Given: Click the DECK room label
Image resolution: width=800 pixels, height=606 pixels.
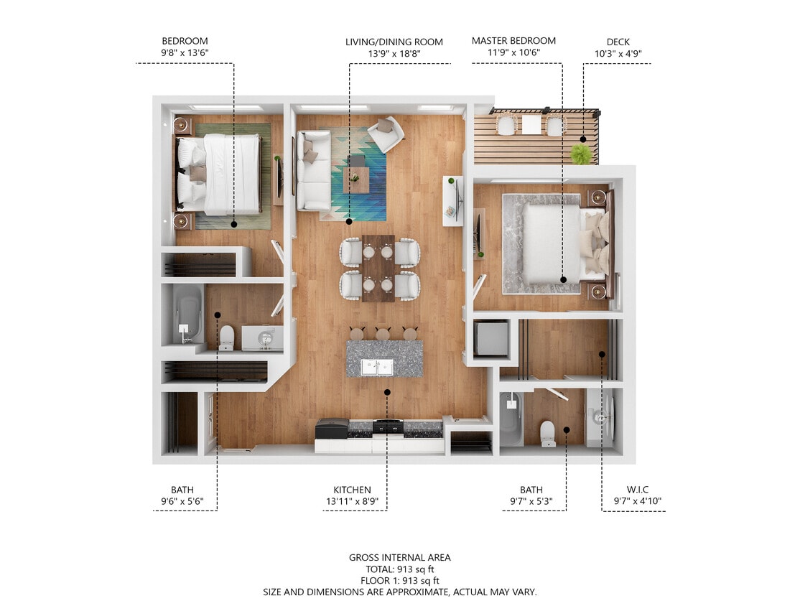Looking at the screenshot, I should [617, 41].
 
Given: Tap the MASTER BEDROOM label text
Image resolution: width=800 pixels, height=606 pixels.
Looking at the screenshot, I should [513, 41].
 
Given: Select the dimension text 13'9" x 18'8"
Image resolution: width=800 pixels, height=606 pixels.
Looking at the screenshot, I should [394, 53].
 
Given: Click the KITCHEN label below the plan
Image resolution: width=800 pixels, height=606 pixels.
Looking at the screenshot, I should [352, 490].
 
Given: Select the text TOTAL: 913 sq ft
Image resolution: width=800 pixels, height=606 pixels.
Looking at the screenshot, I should [400, 569].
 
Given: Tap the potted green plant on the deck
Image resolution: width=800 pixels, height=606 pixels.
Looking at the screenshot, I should [580, 153].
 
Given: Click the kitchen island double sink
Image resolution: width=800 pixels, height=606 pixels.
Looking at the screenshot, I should [377, 367].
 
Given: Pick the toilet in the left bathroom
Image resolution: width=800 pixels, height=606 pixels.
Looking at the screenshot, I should [226, 337].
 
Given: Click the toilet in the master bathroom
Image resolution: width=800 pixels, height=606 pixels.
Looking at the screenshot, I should [547, 433].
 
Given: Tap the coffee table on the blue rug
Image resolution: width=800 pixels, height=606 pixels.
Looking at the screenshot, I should [355, 178].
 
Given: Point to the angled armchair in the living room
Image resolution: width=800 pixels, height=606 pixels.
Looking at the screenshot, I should [386, 134].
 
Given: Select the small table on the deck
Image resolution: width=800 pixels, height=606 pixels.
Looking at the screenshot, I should [531, 125].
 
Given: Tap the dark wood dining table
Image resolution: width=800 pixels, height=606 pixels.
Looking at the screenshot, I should [378, 268].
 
